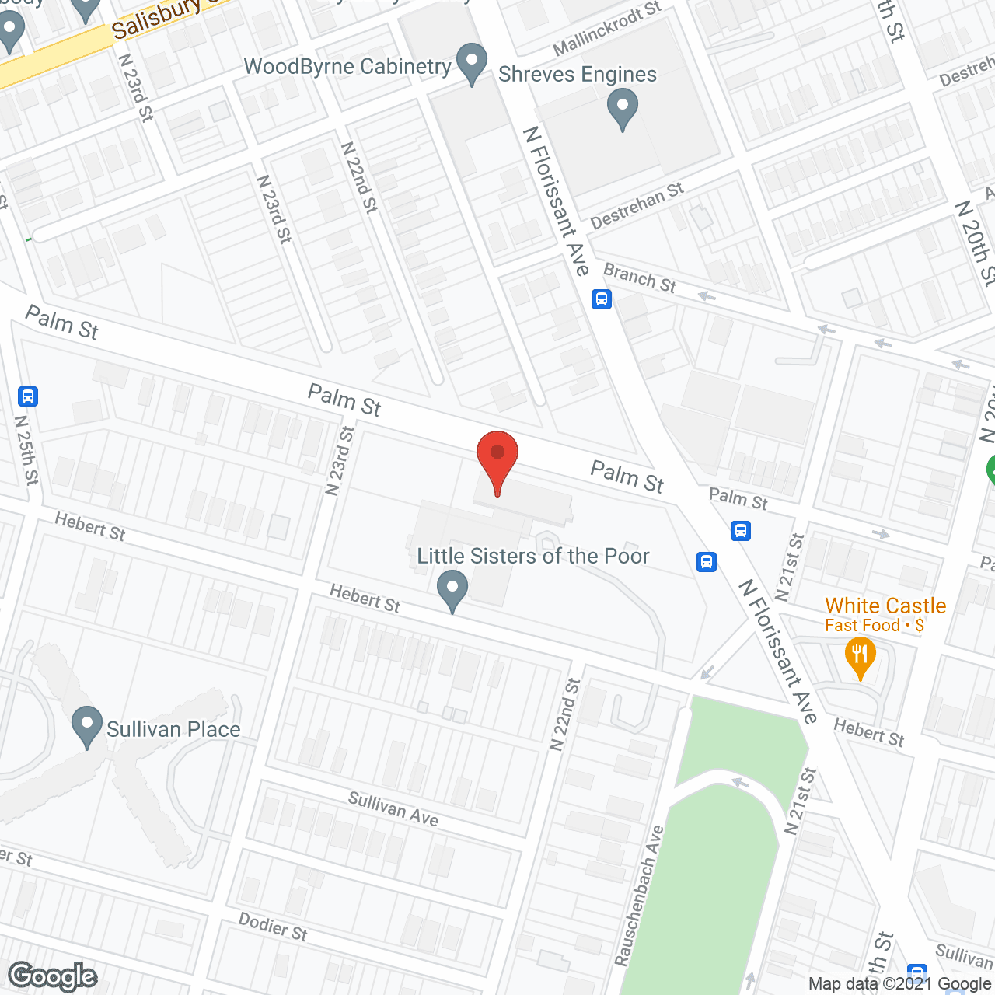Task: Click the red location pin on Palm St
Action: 497,459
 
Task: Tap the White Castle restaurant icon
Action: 860,657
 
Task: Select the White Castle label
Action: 885,606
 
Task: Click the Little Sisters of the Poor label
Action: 532,557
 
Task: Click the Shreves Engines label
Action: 578,75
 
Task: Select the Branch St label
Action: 640,278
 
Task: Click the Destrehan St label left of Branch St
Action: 637,206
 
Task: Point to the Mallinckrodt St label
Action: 606,30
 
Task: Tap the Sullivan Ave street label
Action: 393,808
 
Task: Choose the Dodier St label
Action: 273,927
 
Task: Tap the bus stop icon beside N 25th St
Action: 28,396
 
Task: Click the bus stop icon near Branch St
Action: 601,298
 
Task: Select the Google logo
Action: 53,976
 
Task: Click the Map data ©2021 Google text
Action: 899,984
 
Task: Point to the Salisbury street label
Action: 155,20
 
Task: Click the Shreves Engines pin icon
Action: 622,108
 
